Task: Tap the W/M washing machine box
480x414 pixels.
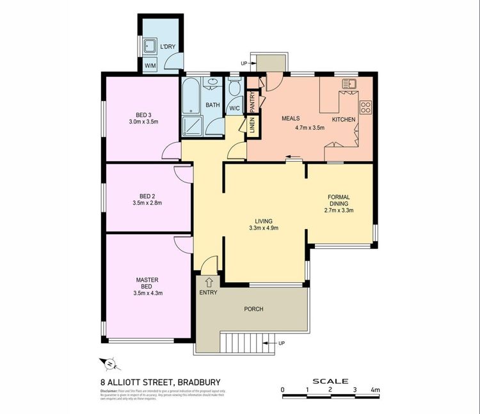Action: pyautogui.click(x=150, y=66)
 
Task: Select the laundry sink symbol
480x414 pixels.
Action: pyautogui.click(x=150, y=45)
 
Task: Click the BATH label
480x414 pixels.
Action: pyautogui.click(x=212, y=105)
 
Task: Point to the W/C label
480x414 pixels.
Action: pyautogui.click(x=234, y=107)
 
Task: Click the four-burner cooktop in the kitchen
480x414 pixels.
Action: pyautogui.click(x=366, y=107)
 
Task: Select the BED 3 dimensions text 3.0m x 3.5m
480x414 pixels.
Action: pyautogui.click(x=143, y=121)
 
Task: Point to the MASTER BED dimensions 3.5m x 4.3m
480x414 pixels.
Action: pyautogui.click(x=147, y=294)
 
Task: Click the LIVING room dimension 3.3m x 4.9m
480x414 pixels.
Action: pyautogui.click(x=263, y=228)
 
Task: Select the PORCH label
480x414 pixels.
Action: pyautogui.click(x=254, y=309)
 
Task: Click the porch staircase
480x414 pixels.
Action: pyautogui.click(x=248, y=342)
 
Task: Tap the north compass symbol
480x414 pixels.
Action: pyautogui.click(x=109, y=364)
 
